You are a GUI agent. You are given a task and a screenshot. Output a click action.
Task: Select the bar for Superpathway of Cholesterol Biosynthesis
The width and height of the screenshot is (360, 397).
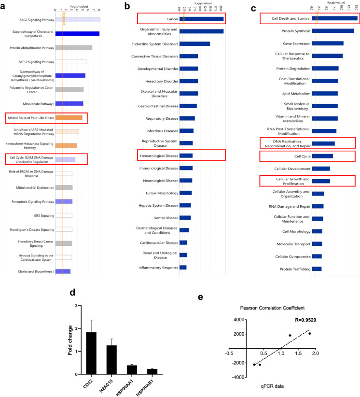tap(77, 34)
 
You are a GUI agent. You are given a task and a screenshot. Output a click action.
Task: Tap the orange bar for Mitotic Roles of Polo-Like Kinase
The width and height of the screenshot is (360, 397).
tap(69, 117)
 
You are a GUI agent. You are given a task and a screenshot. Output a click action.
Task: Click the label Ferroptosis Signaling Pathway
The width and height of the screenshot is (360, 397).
tap(34, 201)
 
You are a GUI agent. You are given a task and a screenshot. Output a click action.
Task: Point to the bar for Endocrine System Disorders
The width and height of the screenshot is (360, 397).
tap(194, 44)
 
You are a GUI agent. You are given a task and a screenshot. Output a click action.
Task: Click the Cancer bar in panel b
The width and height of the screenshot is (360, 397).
tap(201, 19)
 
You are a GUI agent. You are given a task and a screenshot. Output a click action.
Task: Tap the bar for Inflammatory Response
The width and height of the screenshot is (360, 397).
tap(183, 267)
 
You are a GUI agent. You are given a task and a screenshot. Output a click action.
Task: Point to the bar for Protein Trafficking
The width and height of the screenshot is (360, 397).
tap(317, 269)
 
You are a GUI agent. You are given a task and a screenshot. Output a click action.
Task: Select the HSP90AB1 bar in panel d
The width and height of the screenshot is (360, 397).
tap(152, 371)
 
